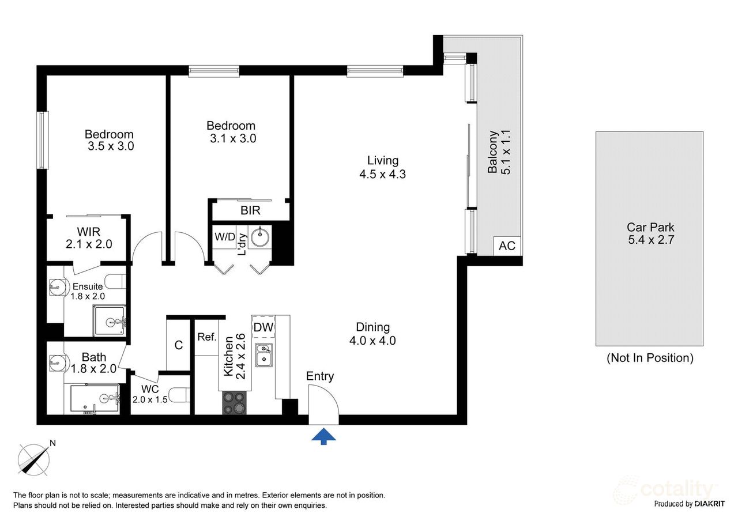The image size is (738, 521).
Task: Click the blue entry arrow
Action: click(323, 436)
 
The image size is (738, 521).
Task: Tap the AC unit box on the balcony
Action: click(507, 246)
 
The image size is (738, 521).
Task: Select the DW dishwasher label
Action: click(263, 327)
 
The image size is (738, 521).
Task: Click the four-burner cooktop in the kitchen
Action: click(234, 402)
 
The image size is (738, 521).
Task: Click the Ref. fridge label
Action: click(206, 337)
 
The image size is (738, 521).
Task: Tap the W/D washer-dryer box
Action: click(224, 237)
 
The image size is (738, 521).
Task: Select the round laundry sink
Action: click(259, 236)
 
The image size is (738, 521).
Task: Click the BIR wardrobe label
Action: click(250, 210)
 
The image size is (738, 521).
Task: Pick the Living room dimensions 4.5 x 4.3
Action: click(382, 173)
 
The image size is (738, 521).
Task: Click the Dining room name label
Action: click(372, 327)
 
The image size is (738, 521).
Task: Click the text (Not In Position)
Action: click(650, 358)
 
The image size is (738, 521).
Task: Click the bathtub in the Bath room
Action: click(95, 398)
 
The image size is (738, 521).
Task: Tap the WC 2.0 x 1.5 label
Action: click(149, 394)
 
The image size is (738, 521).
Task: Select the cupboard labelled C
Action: click(178, 345)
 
